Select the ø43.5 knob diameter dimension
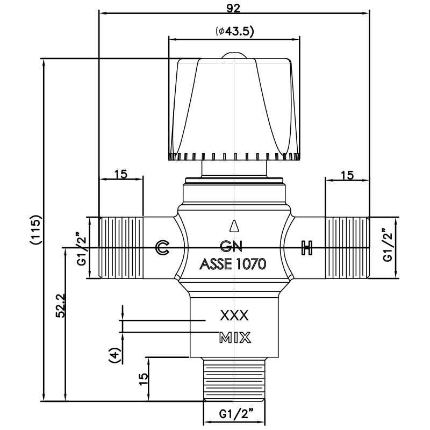pos(234,31)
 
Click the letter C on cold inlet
pos(162,248)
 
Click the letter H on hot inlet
pos(307,248)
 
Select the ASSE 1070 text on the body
pos(233,264)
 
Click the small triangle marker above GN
pos(233,225)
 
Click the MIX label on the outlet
pos(235,338)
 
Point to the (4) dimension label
pos(113,355)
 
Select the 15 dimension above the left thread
pos(120,175)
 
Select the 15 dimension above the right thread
pos(348,175)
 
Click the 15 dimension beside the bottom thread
pos(143,378)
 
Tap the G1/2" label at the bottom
pos(236,414)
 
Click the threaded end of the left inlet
pos(121,248)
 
